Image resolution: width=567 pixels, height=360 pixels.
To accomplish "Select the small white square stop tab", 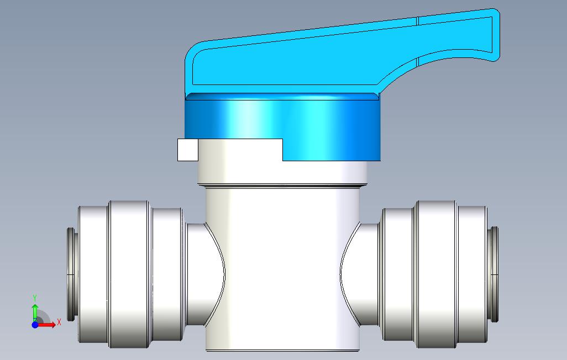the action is click(188, 150).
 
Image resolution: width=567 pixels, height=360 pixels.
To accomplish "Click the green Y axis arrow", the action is click(35, 313).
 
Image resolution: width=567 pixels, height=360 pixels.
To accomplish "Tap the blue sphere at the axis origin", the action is click(35, 325).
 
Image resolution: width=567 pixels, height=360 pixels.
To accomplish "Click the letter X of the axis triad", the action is click(59, 322).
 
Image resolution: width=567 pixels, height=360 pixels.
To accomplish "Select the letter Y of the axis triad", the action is click(35, 298).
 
